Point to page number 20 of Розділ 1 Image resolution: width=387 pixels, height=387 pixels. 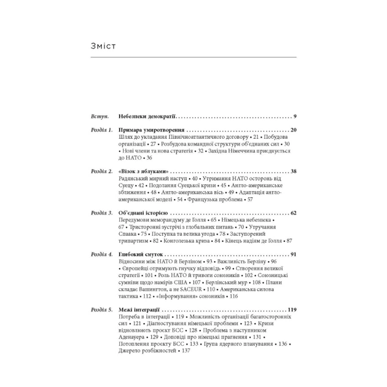point(293,130)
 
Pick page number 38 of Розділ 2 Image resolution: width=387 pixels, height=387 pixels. point(293,171)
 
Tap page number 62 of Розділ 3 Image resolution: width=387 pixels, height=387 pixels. point(293,213)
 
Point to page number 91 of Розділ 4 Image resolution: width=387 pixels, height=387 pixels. point(293,254)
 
